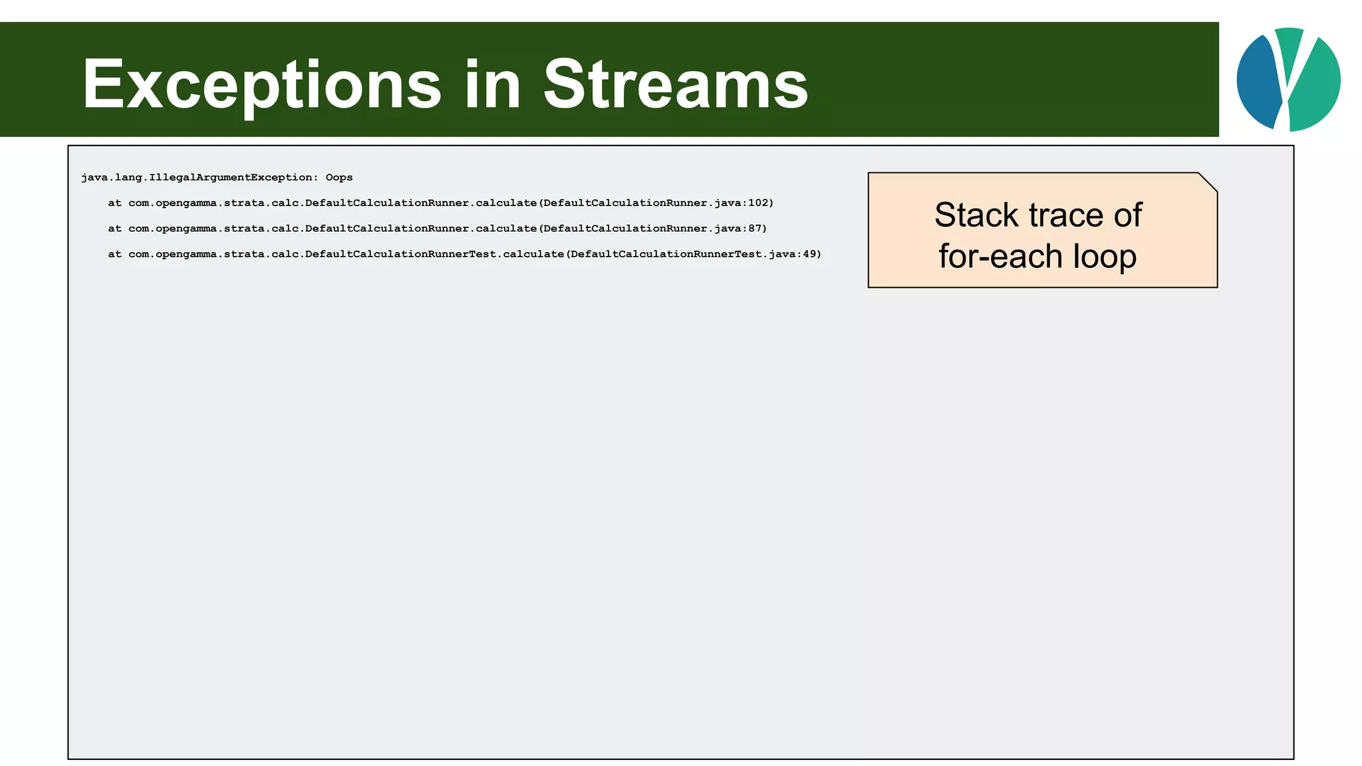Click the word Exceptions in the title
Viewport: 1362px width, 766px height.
coord(261,85)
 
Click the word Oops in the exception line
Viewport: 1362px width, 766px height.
coord(339,178)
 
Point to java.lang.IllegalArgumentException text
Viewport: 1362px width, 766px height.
coord(196,178)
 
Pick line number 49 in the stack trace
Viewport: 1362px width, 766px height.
coord(809,254)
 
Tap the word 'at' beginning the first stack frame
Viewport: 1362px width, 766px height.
coord(114,203)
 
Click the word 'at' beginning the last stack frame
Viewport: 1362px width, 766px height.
coord(114,254)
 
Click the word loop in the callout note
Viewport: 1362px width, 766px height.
coord(1105,257)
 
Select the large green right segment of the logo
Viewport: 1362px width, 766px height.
coord(1317,86)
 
